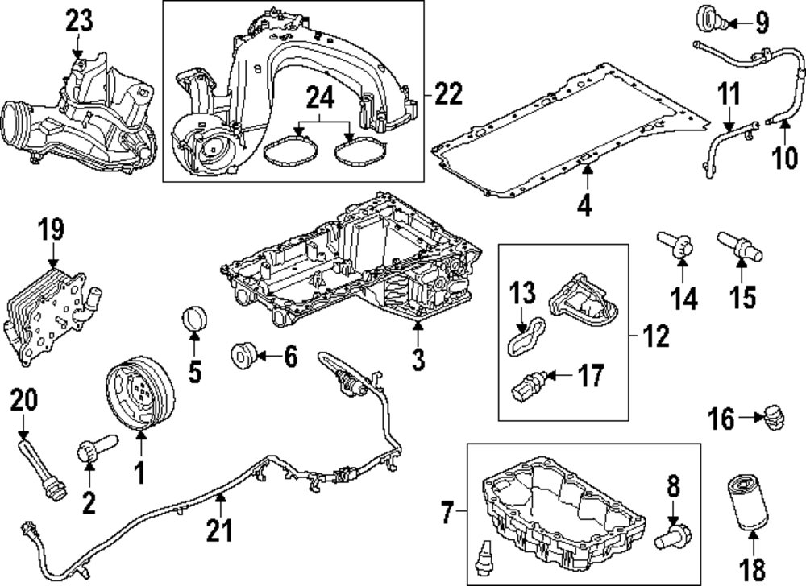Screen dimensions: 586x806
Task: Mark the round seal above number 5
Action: pos(194,319)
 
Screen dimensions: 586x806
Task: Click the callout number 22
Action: pos(445,94)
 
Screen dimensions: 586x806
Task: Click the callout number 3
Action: pos(418,359)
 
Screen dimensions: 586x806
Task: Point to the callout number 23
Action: pos(79,23)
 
